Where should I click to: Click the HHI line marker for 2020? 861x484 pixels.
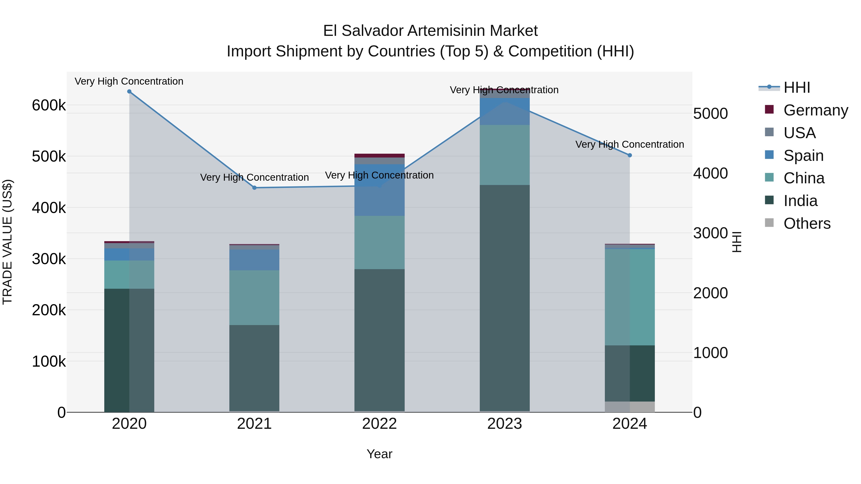[x=129, y=92]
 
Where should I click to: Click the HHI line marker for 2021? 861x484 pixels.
[x=254, y=188]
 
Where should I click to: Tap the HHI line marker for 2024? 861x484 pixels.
[x=630, y=155]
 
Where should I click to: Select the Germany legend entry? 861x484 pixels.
[x=816, y=110]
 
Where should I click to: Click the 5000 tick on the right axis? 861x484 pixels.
[x=710, y=114]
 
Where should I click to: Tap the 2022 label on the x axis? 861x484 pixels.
[x=379, y=424]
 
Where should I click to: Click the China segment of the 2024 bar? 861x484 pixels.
[x=630, y=297]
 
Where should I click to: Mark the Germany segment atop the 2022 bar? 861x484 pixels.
[x=379, y=156]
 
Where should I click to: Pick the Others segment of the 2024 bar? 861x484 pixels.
[x=630, y=407]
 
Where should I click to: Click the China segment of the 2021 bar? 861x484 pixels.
[x=254, y=297]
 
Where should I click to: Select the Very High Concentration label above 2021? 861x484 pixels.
[x=254, y=177]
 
